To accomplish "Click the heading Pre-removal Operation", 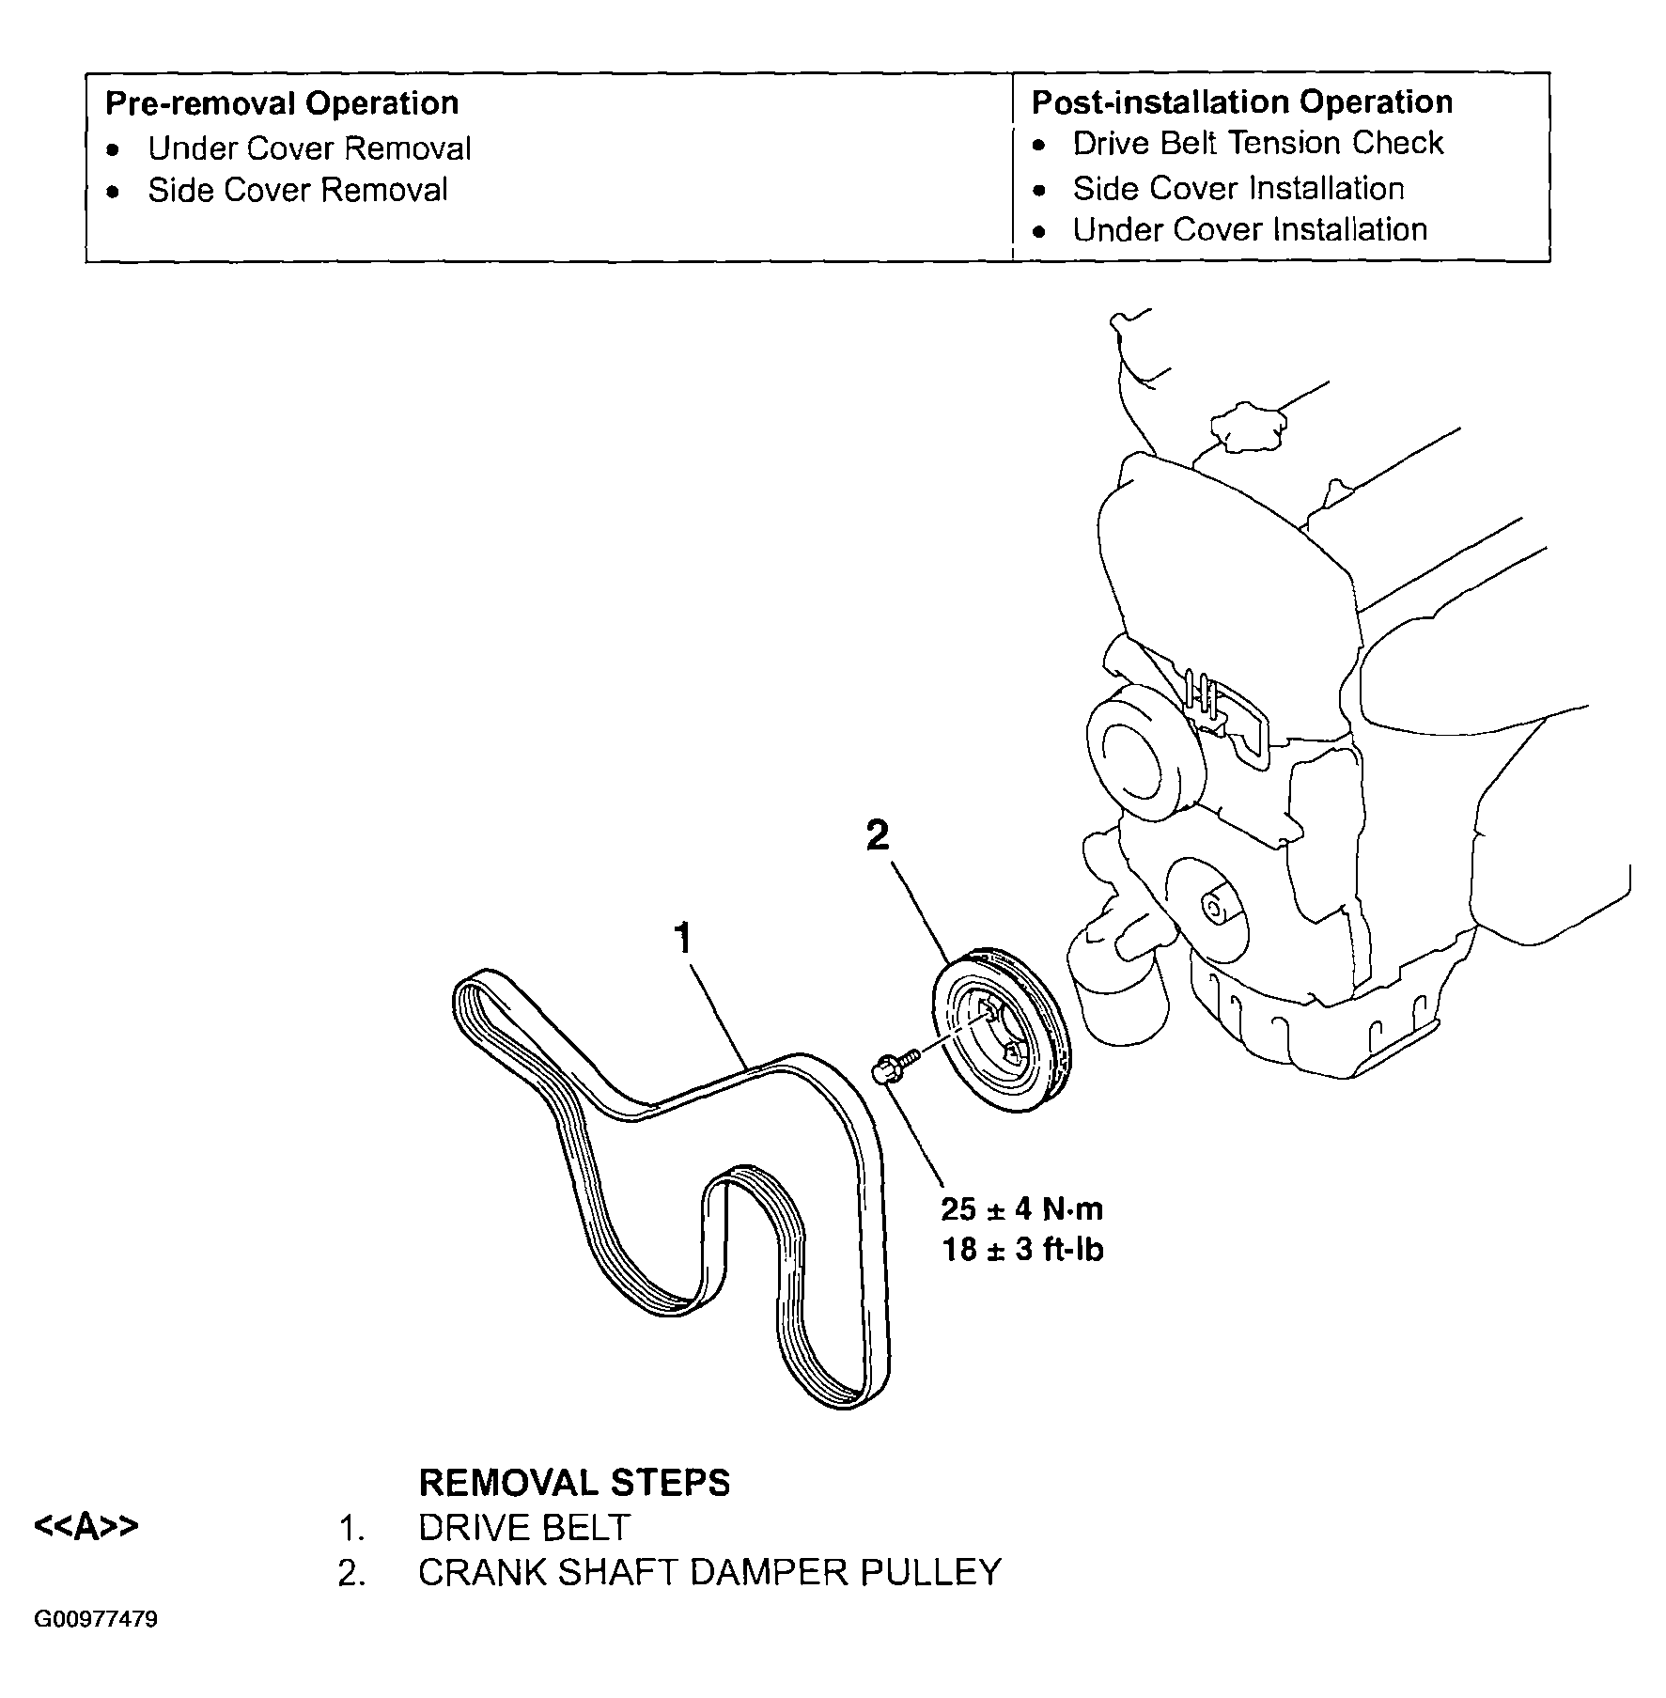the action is pyautogui.click(x=282, y=103).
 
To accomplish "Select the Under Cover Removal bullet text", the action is pyautogui.click(x=310, y=148).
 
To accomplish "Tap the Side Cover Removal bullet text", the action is pyautogui.click(x=298, y=190).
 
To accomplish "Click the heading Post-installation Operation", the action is pyautogui.click(x=1242, y=102).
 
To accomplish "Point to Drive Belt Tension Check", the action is pyautogui.click(x=1257, y=143).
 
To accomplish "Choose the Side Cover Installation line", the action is pyautogui.click(x=1238, y=189).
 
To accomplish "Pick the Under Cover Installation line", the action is pyautogui.click(x=1250, y=229).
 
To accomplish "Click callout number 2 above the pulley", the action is pyautogui.click(x=877, y=834).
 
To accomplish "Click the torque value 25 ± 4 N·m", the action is pyautogui.click(x=1022, y=1208).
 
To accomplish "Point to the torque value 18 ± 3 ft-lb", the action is pyautogui.click(x=1022, y=1250).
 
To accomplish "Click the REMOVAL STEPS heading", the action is pyautogui.click(x=574, y=1483).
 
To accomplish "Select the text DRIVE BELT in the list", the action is pyautogui.click(x=524, y=1528).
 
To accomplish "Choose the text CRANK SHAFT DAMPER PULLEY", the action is pyautogui.click(x=710, y=1572).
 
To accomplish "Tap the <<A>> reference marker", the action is pyautogui.click(x=86, y=1526).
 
